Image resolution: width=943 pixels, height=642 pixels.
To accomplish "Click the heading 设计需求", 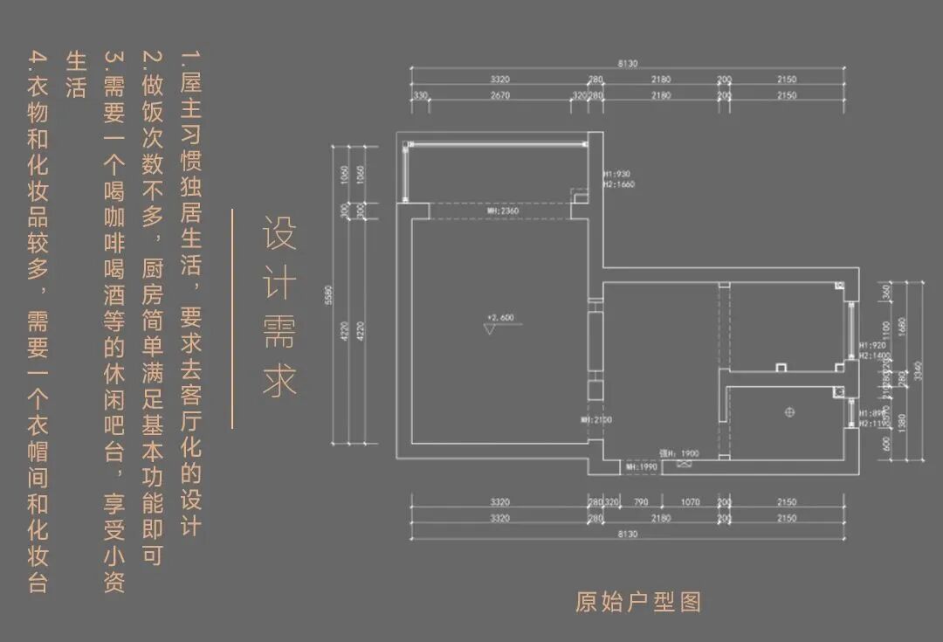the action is point(280,307).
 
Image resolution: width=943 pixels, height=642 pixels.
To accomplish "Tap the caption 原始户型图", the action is point(637,602).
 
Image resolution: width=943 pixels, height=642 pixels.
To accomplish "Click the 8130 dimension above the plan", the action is point(627,64).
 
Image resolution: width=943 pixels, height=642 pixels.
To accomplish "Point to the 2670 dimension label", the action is point(500,95).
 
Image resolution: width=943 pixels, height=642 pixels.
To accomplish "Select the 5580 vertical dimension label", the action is point(328,297).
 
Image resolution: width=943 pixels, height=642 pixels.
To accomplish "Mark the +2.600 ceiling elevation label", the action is point(503,317).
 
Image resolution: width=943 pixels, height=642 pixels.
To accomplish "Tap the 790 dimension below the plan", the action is point(640,502).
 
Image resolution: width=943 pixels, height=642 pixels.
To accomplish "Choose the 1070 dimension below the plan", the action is point(690,502).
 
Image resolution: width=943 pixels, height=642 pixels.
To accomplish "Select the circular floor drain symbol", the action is point(789,411).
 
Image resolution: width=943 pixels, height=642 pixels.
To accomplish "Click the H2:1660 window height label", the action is point(618,184).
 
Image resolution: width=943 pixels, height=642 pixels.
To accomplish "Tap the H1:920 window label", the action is point(874,346).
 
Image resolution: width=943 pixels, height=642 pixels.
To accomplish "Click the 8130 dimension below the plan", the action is point(627,534).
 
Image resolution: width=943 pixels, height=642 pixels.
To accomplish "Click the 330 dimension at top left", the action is point(421,95).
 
